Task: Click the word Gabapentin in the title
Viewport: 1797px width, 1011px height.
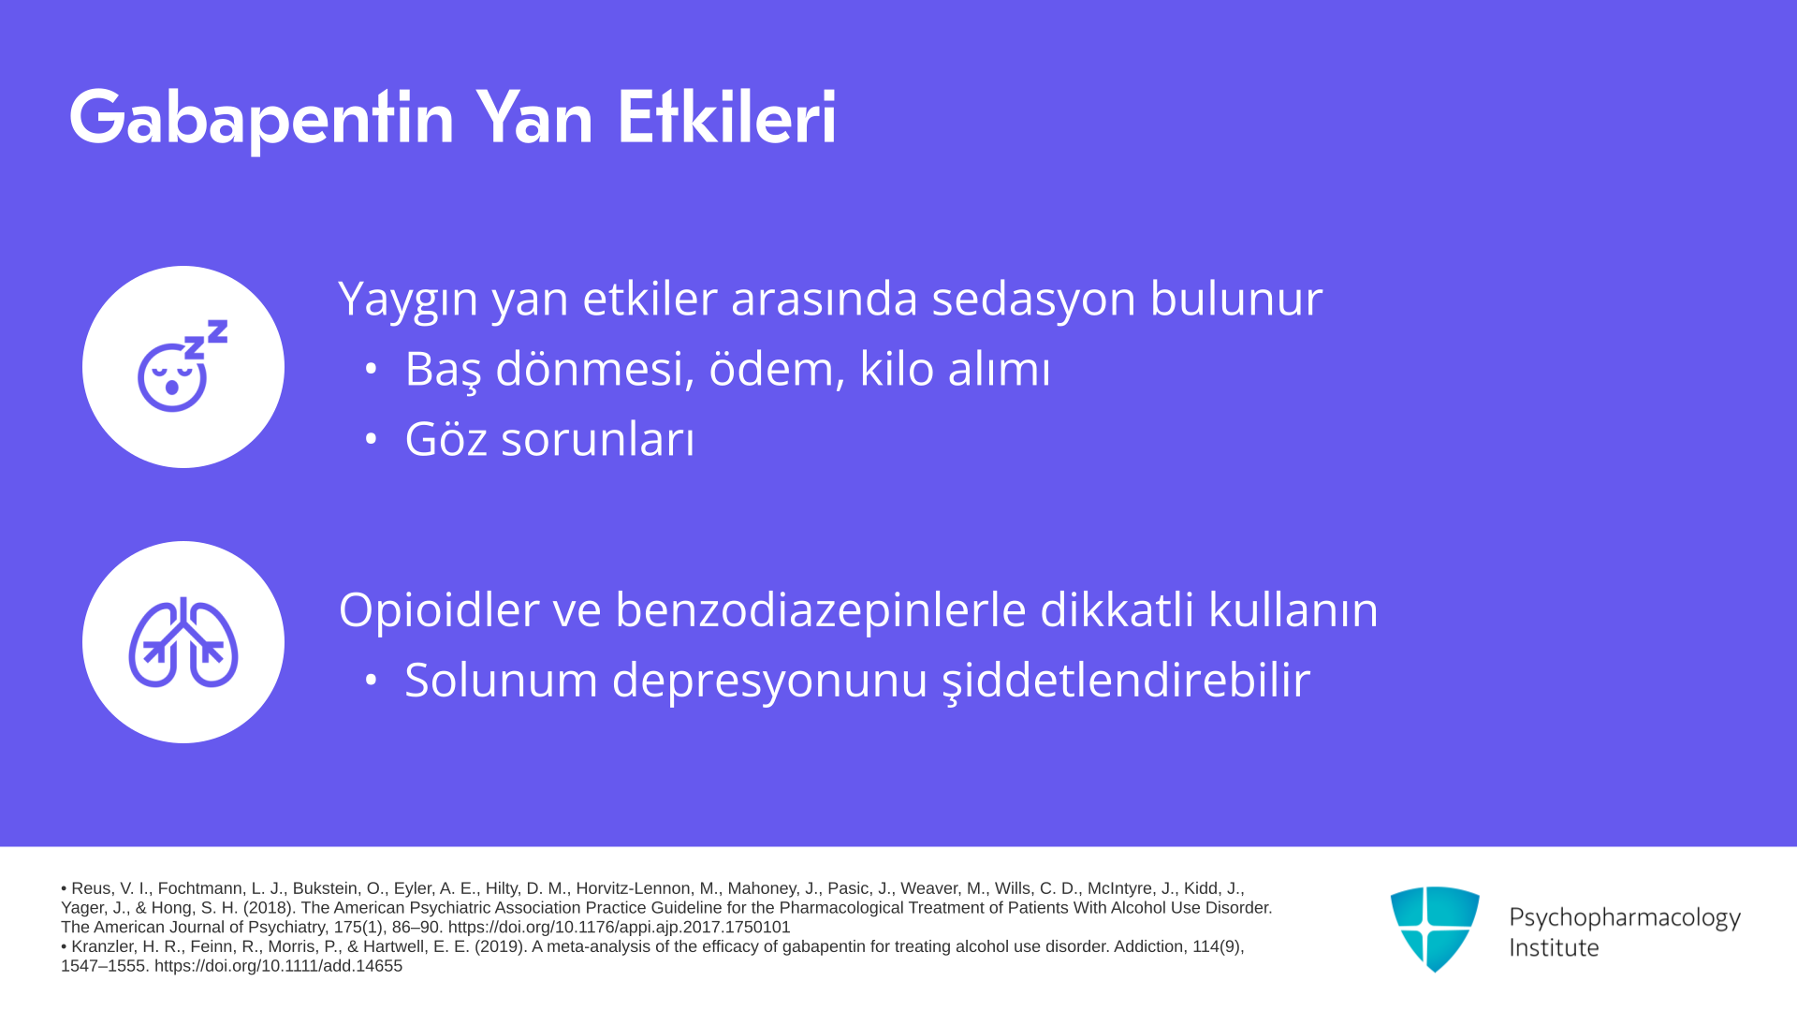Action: (261, 119)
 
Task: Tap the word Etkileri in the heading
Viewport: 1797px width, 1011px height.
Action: (726, 117)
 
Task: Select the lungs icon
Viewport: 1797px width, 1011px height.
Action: (183, 642)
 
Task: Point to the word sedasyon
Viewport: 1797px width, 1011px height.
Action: (1033, 299)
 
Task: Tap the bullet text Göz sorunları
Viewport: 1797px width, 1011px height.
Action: (549, 439)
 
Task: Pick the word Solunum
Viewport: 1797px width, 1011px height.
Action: (501, 680)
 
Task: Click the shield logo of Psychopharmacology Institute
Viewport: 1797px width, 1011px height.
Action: (1435, 929)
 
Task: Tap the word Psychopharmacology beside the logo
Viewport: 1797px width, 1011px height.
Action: (1625, 918)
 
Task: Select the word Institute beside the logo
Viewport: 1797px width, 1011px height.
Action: (1554, 947)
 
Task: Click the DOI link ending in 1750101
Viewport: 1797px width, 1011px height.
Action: (619, 927)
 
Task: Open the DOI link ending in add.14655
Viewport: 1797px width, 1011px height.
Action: (278, 966)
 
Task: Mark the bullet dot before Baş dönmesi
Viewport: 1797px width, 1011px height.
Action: (371, 369)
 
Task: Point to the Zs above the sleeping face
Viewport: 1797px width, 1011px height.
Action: (206, 339)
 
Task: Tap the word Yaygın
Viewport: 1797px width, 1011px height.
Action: (408, 300)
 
